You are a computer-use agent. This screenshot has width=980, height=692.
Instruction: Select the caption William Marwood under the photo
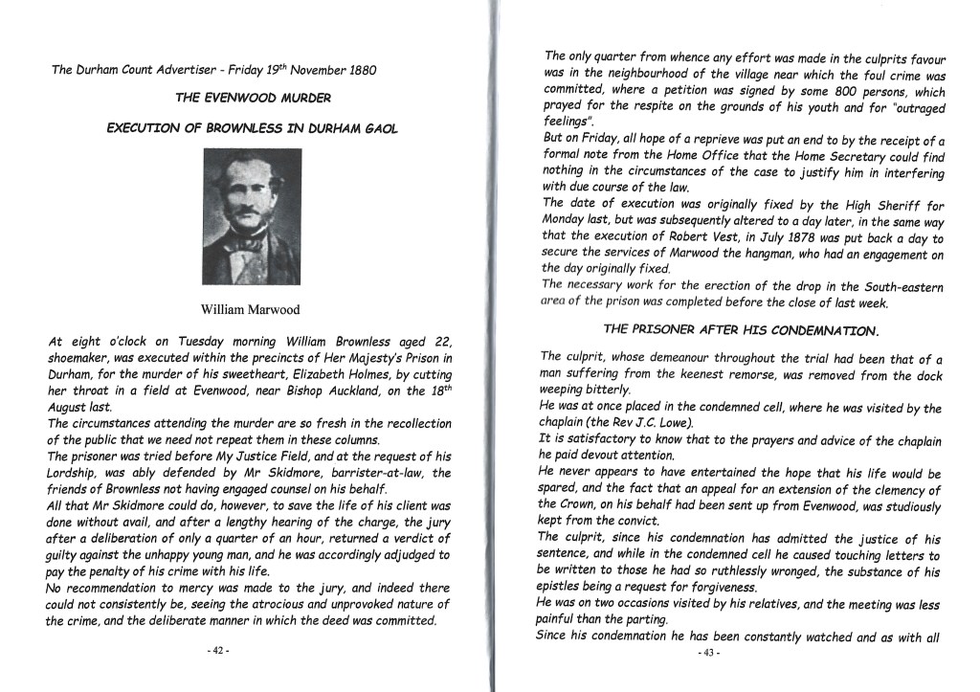tap(252, 310)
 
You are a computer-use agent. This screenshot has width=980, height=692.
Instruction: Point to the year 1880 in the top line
tap(354, 70)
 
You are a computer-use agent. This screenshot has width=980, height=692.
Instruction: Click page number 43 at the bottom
tap(710, 652)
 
